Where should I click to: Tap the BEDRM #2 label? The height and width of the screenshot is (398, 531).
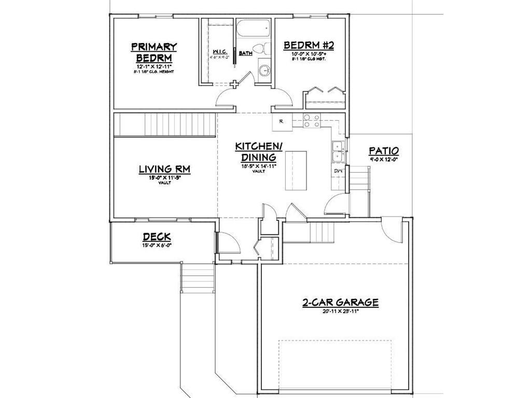click(309, 46)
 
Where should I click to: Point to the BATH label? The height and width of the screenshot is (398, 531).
click(245, 53)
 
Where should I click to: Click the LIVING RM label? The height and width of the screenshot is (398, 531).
click(164, 169)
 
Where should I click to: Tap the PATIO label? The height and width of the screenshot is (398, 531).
click(384, 151)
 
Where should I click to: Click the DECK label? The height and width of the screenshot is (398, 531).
click(157, 237)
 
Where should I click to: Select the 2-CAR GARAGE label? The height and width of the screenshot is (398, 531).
click(340, 302)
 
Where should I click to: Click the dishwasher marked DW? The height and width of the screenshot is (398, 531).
click(338, 172)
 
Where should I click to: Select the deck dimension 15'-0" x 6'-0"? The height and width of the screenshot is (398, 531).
click(157, 246)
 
